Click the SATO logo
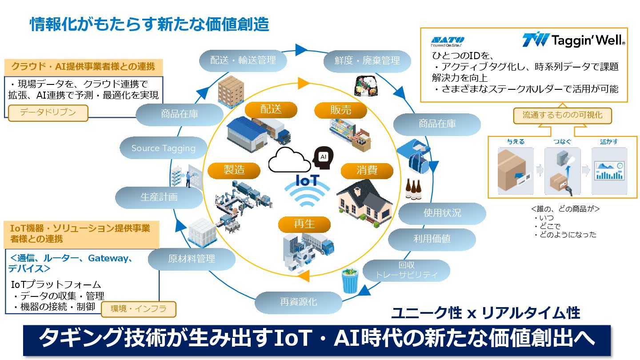[x=448, y=40]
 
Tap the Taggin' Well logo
[x=574, y=40]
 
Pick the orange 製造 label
[x=234, y=170]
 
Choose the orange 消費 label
[x=367, y=170]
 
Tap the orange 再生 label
[x=304, y=224]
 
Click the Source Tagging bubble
[x=164, y=148]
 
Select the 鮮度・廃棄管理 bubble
[x=367, y=60]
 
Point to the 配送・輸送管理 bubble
[x=243, y=60]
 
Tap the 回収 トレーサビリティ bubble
[x=406, y=270]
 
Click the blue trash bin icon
[x=350, y=281]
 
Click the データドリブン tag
[x=48, y=112]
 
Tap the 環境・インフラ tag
[x=138, y=309]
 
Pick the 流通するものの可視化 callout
[x=562, y=115]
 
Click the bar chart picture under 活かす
[x=609, y=171]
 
